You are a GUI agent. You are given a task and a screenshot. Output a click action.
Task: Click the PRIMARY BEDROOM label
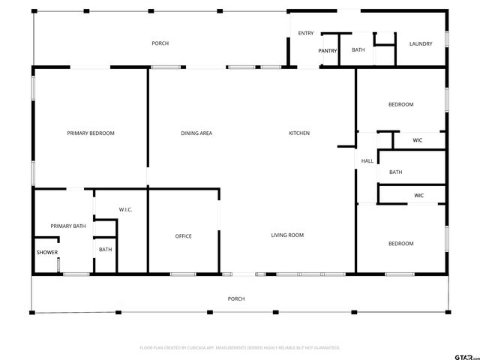tap(91, 133)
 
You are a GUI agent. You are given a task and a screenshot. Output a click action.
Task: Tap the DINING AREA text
tap(196, 133)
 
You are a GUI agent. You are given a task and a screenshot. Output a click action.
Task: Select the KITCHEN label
tap(299, 133)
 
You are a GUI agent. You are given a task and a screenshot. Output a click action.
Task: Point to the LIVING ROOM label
tap(287, 235)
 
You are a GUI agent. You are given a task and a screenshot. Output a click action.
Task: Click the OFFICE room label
tap(183, 236)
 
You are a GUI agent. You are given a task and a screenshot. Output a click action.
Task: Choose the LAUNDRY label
tap(421, 43)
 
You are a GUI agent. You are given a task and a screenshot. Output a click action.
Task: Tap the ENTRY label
tap(306, 33)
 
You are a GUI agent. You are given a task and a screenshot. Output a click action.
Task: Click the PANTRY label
tap(328, 51)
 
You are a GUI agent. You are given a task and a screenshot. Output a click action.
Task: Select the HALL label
tap(367, 161)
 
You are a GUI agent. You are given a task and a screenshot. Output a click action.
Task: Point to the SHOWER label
tap(47, 253)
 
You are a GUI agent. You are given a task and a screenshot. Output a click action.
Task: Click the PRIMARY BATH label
tap(68, 226)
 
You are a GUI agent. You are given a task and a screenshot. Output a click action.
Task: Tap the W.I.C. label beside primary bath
tap(125, 209)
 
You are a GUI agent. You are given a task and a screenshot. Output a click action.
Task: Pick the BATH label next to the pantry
tap(358, 50)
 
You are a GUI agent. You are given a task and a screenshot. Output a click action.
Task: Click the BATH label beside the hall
tap(395, 172)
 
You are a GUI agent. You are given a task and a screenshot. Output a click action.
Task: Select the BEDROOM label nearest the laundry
tap(400, 104)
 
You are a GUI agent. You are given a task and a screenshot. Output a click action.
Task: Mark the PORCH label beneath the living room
tap(236, 298)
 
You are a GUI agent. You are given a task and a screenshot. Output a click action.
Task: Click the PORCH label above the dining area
tap(160, 43)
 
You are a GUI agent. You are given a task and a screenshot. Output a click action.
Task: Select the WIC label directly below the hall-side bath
tap(418, 196)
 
